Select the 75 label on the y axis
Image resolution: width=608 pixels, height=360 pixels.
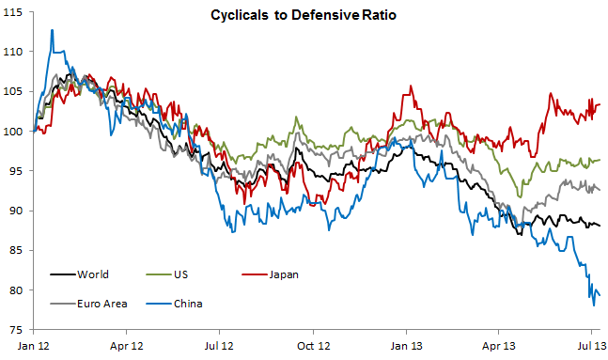pos(19,330)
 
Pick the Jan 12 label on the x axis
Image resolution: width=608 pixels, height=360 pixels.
pos(34,345)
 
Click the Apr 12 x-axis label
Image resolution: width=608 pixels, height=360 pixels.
pos(127,345)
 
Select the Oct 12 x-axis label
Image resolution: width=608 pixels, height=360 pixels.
pos(314,345)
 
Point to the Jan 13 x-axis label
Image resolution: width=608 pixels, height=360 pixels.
pos(407,345)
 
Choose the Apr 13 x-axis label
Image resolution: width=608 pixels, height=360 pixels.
pos(499,345)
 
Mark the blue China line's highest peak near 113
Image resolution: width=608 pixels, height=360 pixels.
pos(52,30)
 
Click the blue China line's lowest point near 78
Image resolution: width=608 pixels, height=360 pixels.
pos(593,305)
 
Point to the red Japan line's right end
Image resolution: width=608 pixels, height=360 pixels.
pos(600,103)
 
